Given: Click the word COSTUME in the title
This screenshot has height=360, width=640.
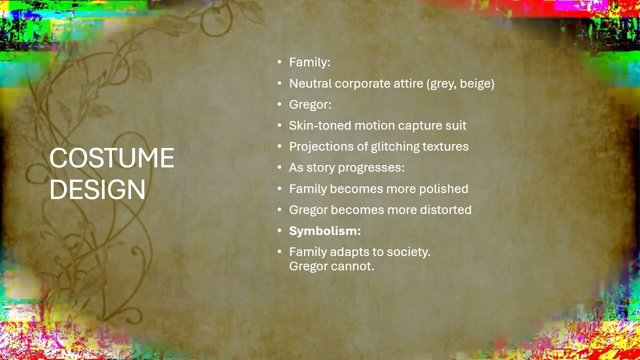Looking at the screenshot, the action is [x=111, y=158].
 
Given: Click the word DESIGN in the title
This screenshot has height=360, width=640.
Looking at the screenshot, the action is [x=97, y=189].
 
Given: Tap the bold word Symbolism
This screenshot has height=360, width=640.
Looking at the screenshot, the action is [x=325, y=231].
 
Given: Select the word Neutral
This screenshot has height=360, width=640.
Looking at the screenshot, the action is [x=310, y=83].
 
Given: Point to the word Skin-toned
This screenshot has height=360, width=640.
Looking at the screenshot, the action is [x=320, y=125].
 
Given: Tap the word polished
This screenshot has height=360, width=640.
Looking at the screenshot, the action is [x=443, y=189].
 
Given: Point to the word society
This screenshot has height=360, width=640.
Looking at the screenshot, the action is [x=408, y=252].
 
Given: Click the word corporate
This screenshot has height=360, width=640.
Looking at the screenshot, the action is [x=362, y=83].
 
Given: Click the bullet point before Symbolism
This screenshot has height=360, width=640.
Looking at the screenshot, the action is [x=279, y=231].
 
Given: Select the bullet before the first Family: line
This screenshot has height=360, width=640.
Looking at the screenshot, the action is [x=279, y=62].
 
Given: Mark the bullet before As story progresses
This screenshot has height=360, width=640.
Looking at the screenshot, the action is [x=279, y=167].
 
